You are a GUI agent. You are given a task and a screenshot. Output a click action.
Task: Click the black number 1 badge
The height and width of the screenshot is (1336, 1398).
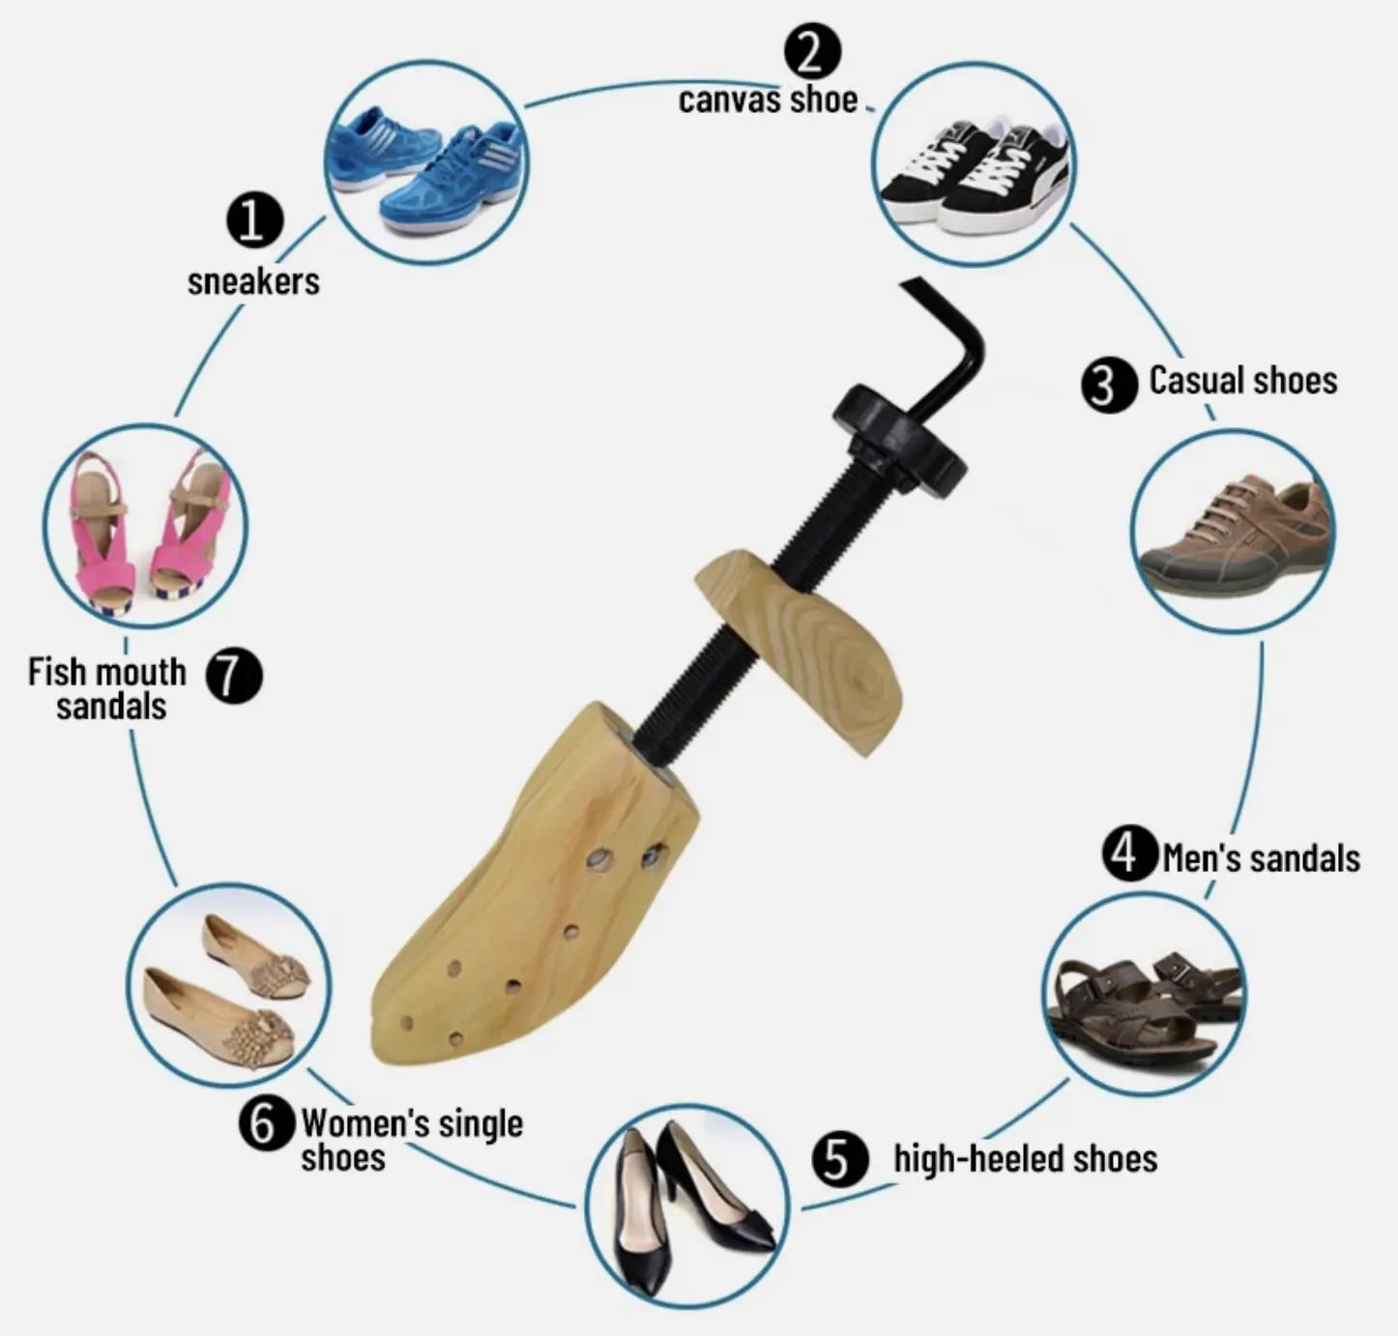point(255,220)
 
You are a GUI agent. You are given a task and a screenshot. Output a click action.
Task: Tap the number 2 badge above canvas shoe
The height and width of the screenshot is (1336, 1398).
point(812,50)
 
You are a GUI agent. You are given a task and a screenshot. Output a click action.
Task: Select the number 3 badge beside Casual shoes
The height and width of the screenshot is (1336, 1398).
point(1109,385)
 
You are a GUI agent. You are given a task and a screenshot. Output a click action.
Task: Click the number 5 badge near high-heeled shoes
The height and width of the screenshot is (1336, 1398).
point(840,1158)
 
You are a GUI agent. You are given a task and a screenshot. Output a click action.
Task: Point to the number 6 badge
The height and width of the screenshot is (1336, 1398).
point(267,1123)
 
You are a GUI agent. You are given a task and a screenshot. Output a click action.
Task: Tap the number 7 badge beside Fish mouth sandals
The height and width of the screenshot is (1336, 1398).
point(234,675)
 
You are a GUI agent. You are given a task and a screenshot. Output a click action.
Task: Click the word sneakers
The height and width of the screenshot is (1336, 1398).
point(253,281)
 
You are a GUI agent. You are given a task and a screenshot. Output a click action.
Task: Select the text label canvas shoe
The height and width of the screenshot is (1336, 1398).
point(768,100)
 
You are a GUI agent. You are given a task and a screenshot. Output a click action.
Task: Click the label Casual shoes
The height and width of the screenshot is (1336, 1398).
point(1243,380)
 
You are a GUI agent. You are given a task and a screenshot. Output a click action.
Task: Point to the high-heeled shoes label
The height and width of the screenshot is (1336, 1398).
point(1025,1158)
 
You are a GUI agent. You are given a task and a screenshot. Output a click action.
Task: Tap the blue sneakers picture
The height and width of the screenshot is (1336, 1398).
point(425,162)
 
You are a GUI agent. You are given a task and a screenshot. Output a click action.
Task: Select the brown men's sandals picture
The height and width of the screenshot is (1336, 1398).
point(1144,995)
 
